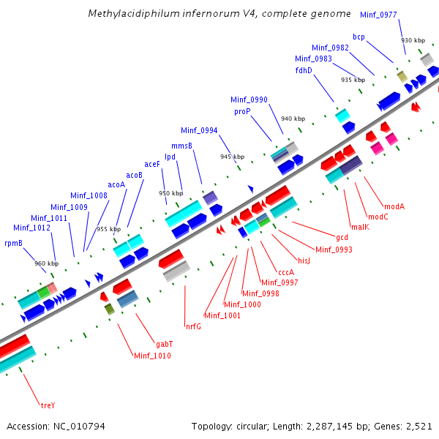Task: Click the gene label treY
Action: pyautogui.click(x=48, y=404)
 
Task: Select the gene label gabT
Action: pyautogui.click(x=165, y=343)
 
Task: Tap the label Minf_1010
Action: pyautogui.click(x=152, y=356)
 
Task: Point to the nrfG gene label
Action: pyautogui.click(x=193, y=326)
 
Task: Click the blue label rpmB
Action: pyautogui.click(x=14, y=243)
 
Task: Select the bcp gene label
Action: pyautogui.click(x=359, y=37)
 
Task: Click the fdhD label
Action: pyautogui.click(x=304, y=70)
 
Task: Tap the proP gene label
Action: pyautogui.click(x=242, y=111)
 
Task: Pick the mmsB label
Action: pyautogui.click(x=181, y=146)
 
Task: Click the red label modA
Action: pyautogui.click(x=394, y=206)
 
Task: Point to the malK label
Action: pyautogui.click(x=360, y=227)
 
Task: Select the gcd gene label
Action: pyautogui.click(x=342, y=237)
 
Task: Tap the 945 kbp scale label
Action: pyautogui.click(x=232, y=157)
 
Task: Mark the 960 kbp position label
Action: pyautogui.click(x=46, y=263)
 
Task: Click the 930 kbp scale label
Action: pyautogui.click(x=412, y=40)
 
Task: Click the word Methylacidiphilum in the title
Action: pyautogui.click(x=129, y=14)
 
